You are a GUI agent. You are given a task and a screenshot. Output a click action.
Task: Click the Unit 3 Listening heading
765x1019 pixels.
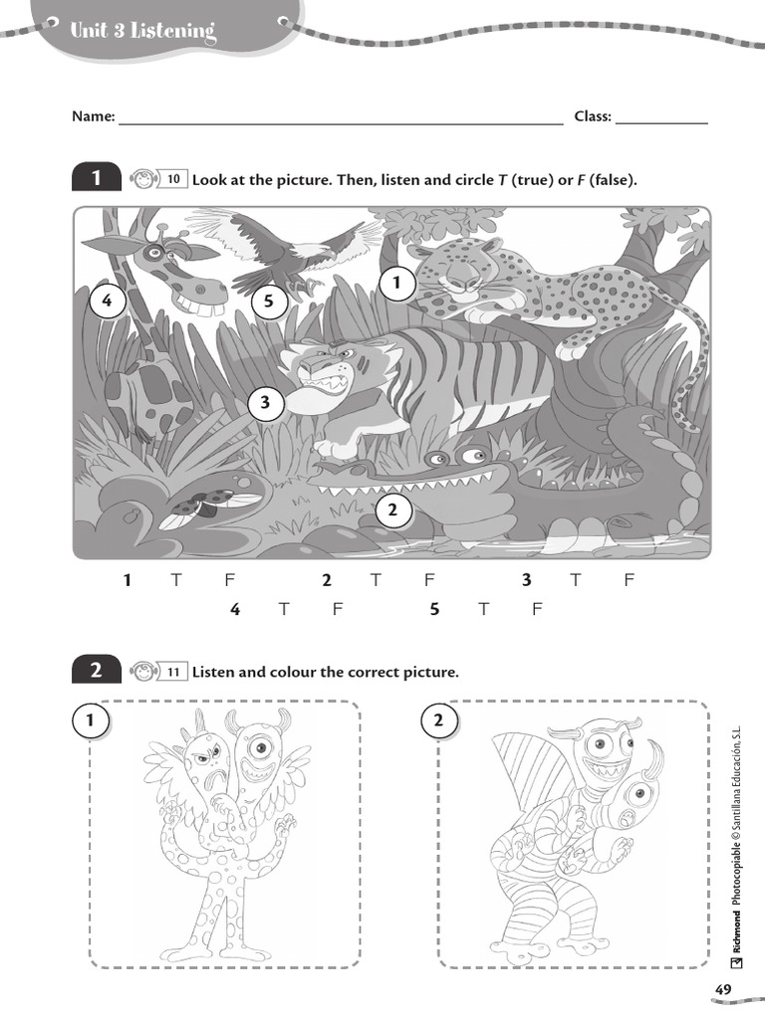click(142, 32)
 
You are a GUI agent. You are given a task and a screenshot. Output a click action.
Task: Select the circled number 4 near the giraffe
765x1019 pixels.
click(107, 302)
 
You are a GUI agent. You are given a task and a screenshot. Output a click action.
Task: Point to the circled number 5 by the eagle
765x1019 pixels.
click(269, 302)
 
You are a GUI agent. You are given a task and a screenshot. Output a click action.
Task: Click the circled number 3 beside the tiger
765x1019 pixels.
click(266, 403)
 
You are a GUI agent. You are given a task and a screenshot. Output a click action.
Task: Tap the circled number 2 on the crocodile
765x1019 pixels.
click(392, 511)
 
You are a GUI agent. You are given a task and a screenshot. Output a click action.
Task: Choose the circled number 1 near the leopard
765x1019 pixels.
click(396, 285)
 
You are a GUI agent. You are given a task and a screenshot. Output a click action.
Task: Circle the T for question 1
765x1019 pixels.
click(176, 581)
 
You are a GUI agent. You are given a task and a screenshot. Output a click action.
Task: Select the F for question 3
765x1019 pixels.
click(629, 581)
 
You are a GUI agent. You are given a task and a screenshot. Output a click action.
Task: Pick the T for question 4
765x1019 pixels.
click(284, 610)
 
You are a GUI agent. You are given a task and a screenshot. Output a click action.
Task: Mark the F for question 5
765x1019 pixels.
click(536, 610)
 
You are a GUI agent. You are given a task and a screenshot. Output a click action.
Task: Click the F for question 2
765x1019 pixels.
click(429, 581)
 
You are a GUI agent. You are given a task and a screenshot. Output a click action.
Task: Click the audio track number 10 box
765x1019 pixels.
click(172, 180)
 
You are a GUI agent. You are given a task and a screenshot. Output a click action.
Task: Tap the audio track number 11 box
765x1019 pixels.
click(172, 672)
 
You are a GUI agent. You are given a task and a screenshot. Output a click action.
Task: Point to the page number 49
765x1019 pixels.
click(723, 988)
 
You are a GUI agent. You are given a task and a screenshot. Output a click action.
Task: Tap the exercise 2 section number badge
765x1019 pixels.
click(97, 672)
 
